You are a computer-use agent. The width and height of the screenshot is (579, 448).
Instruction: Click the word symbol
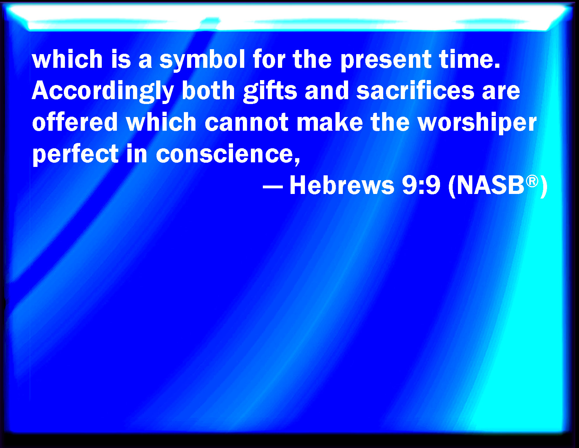[202, 60]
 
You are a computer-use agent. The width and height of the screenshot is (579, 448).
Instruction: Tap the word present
[386, 61]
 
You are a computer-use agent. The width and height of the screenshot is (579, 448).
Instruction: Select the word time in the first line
[470, 59]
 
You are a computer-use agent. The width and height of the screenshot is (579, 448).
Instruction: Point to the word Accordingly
[103, 91]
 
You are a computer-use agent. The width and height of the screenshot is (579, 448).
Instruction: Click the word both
[208, 90]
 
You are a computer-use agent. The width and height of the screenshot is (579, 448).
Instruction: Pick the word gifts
[270, 91]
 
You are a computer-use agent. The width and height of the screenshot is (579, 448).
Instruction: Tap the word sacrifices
[415, 90]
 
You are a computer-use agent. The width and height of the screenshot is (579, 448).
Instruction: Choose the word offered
[75, 122]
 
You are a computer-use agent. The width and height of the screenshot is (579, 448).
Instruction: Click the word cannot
[246, 123]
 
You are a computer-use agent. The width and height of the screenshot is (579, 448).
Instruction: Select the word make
[330, 122]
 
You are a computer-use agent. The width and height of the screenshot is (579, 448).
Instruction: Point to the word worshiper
[477, 123]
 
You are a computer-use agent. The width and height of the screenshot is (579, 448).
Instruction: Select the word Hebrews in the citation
[342, 185]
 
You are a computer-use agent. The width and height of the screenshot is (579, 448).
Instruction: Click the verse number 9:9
[421, 186]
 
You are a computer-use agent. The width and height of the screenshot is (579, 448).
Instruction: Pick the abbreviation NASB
[490, 185]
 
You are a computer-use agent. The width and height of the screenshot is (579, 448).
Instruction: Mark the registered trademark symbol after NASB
[532, 181]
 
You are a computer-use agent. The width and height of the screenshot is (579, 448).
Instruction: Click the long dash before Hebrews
[273, 187]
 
